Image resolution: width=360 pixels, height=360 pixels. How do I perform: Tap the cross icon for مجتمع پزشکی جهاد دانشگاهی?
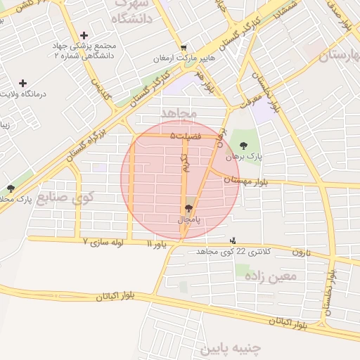point(84,35)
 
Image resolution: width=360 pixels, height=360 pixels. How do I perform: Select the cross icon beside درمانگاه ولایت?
point(23,83)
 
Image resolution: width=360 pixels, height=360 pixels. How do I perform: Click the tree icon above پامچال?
point(188,208)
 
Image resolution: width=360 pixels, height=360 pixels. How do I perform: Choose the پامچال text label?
point(188,219)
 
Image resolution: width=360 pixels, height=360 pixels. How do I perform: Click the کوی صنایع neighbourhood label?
point(65,196)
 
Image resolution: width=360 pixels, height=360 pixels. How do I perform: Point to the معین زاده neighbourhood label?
point(271,276)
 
